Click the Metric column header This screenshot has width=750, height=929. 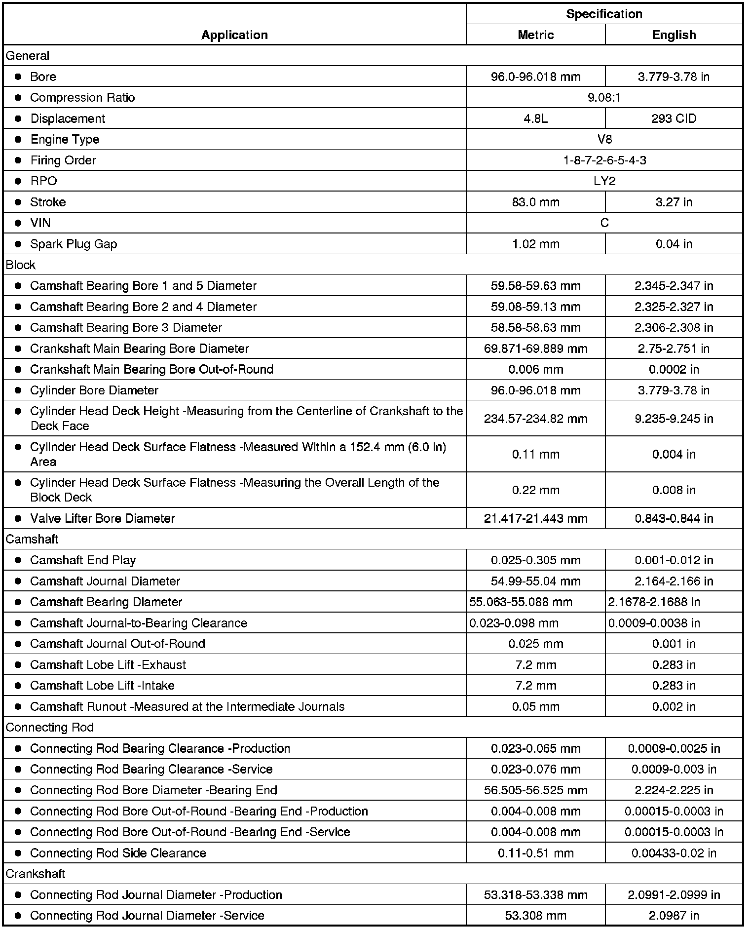pos(535,35)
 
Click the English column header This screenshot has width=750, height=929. pos(674,35)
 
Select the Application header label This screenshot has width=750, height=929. pos(234,35)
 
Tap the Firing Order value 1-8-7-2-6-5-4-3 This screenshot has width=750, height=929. pos(604,160)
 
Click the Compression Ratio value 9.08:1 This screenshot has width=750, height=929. pos(604,97)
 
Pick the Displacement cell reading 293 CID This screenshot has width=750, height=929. pos(674,118)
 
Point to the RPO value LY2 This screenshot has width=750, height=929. pos(604,181)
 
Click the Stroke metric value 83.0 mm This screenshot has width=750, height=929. pos(535,202)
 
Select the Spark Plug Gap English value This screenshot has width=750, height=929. pos(674,244)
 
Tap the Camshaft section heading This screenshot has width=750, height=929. pos(32,539)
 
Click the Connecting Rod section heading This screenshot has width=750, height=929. pos(50,727)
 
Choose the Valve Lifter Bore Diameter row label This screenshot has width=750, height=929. pos(103,518)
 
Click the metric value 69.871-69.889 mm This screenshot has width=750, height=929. pos(535,348)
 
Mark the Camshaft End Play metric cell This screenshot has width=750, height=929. pos(535,560)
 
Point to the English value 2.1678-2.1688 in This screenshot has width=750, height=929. pos(654,602)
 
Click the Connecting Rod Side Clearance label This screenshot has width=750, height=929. pos(118,852)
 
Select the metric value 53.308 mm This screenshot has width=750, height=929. pos(535,915)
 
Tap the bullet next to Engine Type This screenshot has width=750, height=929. pos(18,139)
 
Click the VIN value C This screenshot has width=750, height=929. pos(604,223)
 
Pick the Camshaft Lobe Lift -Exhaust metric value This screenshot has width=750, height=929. pos(535,664)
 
